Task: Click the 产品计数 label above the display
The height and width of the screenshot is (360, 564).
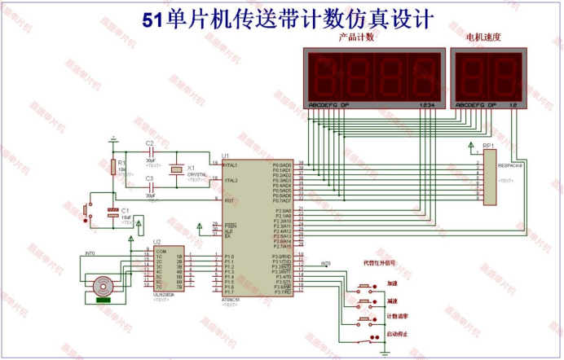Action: (x=356, y=37)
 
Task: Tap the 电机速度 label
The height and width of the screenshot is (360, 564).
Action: (x=482, y=37)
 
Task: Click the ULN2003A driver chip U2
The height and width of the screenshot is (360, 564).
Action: (x=168, y=269)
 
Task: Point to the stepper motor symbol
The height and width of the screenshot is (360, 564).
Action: (x=103, y=287)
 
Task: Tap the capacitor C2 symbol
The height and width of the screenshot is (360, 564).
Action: (x=151, y=153)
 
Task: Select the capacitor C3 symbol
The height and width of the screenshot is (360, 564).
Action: (x=151, y=187)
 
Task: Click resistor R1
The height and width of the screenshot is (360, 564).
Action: (x=112, y=167)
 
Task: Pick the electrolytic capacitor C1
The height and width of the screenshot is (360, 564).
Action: (x=112, y=213)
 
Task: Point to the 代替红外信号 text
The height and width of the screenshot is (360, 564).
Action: (x=379, y=264)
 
